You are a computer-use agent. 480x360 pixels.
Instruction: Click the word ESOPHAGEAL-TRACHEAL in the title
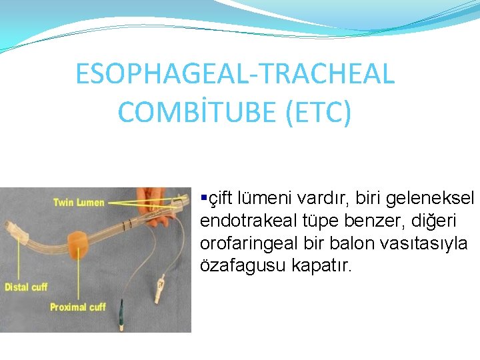[235, 74]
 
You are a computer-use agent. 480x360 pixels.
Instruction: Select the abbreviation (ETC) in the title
[317, 112]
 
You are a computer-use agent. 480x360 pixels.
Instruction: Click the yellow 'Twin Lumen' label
[79, 202]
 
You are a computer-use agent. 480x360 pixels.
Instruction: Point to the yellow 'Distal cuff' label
[27, 287]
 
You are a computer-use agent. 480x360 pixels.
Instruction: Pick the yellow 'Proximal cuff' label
[77, 307]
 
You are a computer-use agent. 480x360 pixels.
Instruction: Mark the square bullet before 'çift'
[204, 198]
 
